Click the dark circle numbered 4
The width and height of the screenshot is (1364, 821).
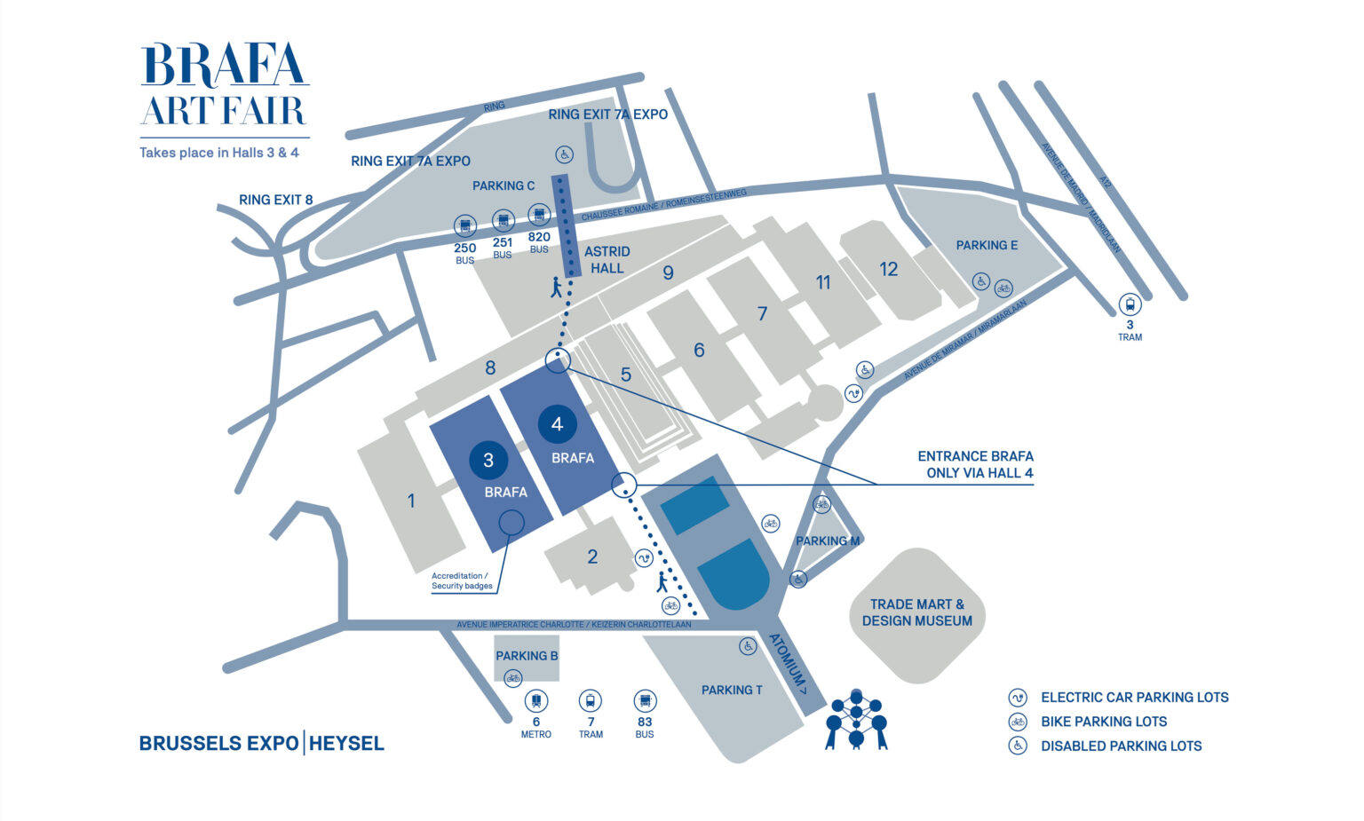click(557, 424)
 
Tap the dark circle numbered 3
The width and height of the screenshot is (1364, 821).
click(488, 460)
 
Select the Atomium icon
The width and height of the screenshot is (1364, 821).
click(856, 719)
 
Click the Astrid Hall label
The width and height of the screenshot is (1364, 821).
click(607, 260)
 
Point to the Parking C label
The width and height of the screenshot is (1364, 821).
click(504, 186)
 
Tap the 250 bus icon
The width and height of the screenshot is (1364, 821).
click(465, 225)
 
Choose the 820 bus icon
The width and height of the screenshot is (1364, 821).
click(539, 215)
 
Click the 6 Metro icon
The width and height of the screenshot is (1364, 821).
click(536, 701)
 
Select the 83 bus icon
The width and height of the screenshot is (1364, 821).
click(645, 701)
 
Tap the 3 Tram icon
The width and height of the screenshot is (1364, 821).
click(1130, 304)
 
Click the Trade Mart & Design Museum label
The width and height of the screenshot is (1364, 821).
click(917, 612)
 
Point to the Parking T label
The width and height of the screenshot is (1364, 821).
click(732, 690)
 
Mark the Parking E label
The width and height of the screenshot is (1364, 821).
click(987, 245)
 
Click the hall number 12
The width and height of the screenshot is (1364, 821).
click(889, 269)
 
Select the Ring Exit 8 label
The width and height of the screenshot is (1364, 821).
click(276, 200)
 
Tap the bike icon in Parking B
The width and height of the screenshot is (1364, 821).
click(512, 679)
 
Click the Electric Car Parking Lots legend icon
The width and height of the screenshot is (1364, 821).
click(1018, 698)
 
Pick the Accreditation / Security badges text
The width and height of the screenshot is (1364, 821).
click(462, 581)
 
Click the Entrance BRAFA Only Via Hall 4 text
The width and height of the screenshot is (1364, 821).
click(975, 464)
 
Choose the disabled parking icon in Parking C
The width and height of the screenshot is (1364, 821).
click(564, 154)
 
